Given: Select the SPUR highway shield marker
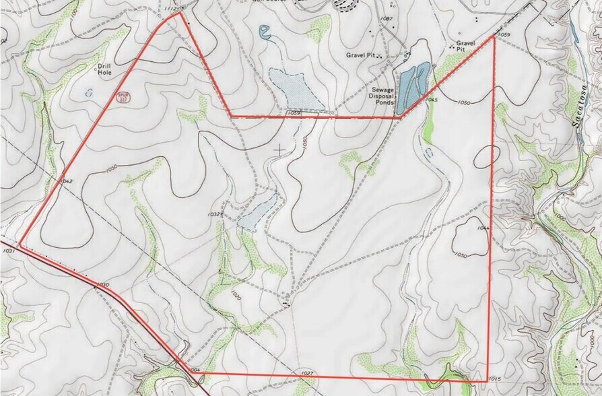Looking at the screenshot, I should tap(123, 98).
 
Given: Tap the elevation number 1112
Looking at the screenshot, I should tap(171, 8).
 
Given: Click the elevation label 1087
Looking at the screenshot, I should tap(387, 19).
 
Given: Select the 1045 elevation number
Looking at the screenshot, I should tap(432, 100).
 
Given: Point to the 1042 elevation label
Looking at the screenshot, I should tap(65, 181).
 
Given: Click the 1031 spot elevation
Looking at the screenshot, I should tap(9, 250).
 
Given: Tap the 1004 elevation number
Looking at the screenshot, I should tap(195, 370).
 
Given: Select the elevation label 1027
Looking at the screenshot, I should tap(306, 373).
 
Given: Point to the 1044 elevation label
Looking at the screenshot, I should tap(483, 228).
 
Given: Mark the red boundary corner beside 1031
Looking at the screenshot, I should tap(20, 246).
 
